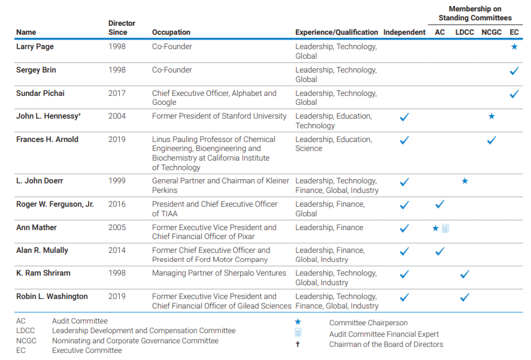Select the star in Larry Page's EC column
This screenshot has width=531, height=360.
pyautogui.click(x=514, y=47)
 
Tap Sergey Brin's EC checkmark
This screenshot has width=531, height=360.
pyautogui.click(x=514, y=71)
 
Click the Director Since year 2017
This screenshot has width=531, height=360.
pyautogui.click(x=117, y=93)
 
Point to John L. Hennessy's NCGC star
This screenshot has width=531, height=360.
pyautogui.click(x=491, y=116)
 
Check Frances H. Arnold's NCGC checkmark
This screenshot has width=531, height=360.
pyautogui.click(x=491, y=140)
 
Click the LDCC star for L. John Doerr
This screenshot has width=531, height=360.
pyautogui.click(x=465, y=181)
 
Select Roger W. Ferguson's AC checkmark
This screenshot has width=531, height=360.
pyautogui.click(x=439, y=204)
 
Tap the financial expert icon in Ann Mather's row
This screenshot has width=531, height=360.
pyautogui.click(x=445, y=228)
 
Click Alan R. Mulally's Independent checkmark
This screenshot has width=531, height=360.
pyautogui.click(x=404, y=251)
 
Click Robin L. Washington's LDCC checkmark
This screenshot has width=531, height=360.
pyautogui.click(x=465, y=297)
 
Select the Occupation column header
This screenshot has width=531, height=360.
pyautogui.click(x=171, y=32)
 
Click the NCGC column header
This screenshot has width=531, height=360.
pyautogui.click(x=491, y=32)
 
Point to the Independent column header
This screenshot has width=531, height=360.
pyautogui.click(x=404, y=32)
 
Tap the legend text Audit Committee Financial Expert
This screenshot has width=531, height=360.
pyautogui.click(x=384, y=334)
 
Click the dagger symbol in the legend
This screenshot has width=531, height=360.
pyautogui.click(x=298, y=344)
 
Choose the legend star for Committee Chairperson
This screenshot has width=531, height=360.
pyautogui.click(x=298, y=322)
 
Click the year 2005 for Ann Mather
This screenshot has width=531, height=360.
pyautogui.click(x=117, y=228)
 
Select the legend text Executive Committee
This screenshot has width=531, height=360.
pyautogui.click(x=87, y=350)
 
